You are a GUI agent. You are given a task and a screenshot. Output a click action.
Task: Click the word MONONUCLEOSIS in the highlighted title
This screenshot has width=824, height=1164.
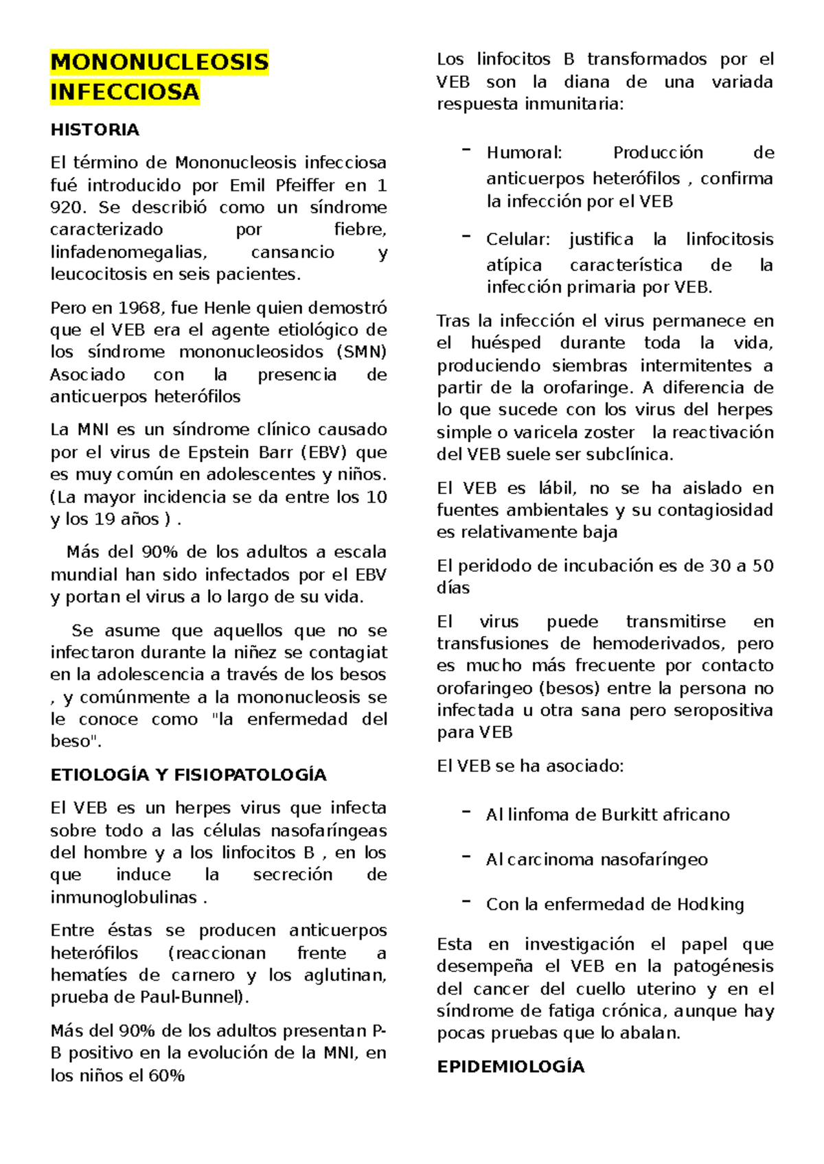coord(159,62)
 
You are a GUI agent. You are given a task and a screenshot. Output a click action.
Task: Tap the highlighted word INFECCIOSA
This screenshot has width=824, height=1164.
coord(124,92)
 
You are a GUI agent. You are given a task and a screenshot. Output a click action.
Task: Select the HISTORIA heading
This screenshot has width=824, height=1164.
coord(95,130)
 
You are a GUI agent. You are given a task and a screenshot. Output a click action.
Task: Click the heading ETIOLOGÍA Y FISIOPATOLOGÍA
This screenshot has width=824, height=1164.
coord(188,775)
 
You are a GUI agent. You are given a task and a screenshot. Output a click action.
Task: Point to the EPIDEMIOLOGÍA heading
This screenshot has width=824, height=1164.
coord(510,1067)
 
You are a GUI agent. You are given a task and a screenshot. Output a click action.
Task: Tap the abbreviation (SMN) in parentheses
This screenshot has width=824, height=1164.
coord(362,352)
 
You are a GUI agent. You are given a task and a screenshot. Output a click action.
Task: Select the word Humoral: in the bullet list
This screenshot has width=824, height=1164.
coord(524,152)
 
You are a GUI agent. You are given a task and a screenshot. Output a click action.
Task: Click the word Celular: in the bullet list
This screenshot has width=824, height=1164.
coord(518,239)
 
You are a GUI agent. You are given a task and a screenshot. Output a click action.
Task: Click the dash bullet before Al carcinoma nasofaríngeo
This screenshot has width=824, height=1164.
coord(466,858)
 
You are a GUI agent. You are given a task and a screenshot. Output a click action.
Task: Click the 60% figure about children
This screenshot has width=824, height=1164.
coord(166,1075)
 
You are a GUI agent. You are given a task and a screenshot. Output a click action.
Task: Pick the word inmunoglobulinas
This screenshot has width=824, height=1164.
coord(124,897)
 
